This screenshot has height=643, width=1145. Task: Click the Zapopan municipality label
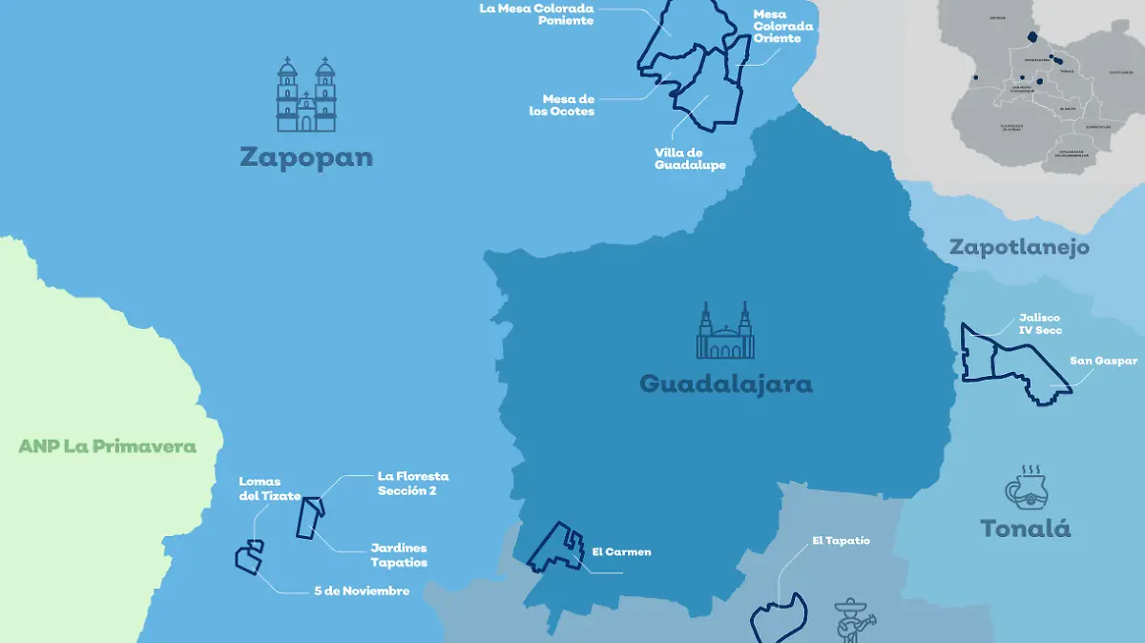(306, 157)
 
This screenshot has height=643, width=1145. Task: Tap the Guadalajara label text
(725, 384)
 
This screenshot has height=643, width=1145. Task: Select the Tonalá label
(1026, 529)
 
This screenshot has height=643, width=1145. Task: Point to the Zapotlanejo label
(1019, 248)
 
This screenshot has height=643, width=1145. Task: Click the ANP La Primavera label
(107, 446)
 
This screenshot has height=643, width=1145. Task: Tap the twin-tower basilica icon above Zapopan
(306, 94)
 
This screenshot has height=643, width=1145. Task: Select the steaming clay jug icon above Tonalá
(1026, 487)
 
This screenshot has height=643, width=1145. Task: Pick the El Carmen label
(621, 552)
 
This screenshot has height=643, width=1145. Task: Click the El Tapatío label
(841, 541)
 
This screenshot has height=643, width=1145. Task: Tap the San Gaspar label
(1103, 362)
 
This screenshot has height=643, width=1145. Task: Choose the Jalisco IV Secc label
(1039, 324)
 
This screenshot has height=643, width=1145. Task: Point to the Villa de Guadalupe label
(690, 158)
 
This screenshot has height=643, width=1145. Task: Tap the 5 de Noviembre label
(362, 591)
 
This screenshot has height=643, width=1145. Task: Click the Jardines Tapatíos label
(399, 555)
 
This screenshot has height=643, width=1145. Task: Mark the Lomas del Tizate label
(260, 488)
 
